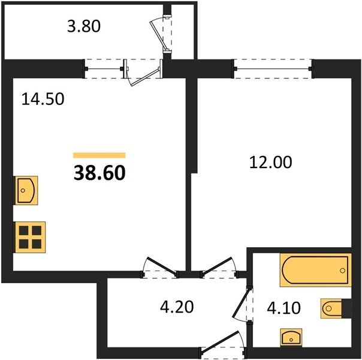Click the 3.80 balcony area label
tap(84, 26)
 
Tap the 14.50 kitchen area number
tap(43, 100)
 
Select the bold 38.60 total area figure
tap(99, 173)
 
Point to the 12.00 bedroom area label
tap(270, 162)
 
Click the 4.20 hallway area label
tap(177, 307)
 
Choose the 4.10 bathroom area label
tap(283, 308)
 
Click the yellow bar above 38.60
tap(99, 155)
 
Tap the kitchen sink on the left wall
tap(26, 190)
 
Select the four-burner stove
tap(30, 237)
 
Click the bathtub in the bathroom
tap(316, 270)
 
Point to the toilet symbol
tap(331, 308)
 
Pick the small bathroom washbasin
tap(291, 337)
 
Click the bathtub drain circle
tap(342, 271)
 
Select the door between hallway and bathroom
tap(243, 304)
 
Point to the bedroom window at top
tap(273, 69)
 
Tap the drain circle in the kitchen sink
tap(23, 190)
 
